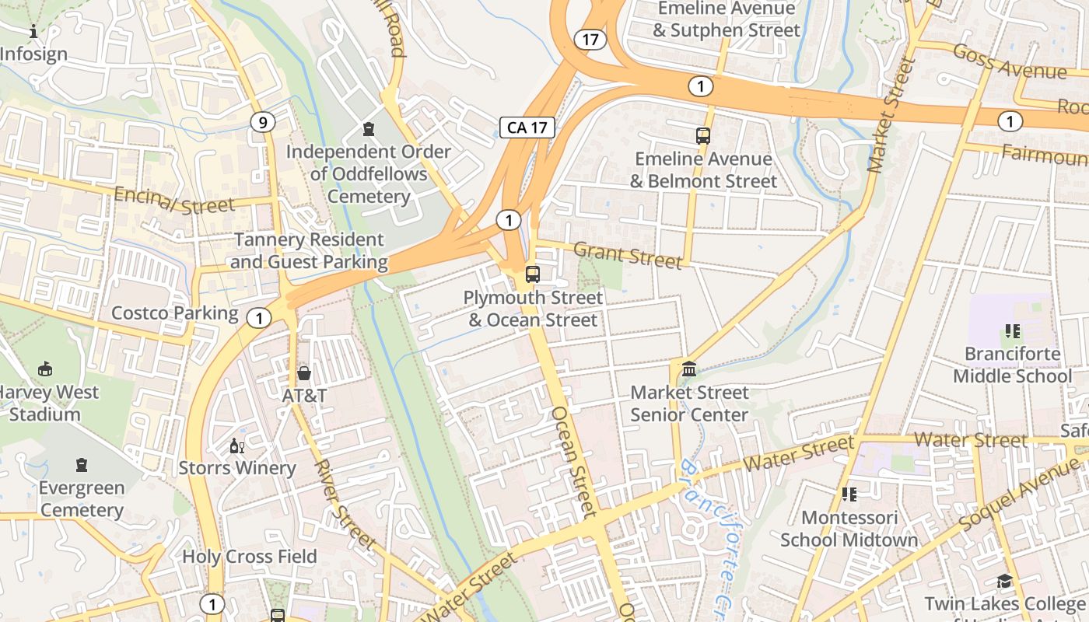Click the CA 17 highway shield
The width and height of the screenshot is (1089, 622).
[x=527, y=128]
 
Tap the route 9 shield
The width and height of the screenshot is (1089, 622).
[x=263, y=121]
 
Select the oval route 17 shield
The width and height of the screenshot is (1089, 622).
[x=591, y=39]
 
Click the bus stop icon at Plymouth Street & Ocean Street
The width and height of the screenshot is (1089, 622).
[x=533, y=274]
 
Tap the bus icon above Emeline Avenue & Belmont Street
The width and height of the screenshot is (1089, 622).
[x=703, y=135]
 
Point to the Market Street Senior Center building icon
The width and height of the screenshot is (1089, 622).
[x=689, y=369]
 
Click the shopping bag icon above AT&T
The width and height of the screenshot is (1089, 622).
[x=304, y=372]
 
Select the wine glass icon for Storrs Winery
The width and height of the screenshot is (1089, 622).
[x=237, y=446]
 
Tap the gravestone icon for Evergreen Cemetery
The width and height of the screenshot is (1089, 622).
[x=82, y=466]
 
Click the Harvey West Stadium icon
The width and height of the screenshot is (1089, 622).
[x=46, y=369]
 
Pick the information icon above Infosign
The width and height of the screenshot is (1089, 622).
[x=33, y=32]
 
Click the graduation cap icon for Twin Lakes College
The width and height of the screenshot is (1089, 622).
[x=1004, y=581]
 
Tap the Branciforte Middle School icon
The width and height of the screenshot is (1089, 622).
[x=1012, y=331]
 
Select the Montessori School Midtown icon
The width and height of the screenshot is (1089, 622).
[x=849, y=494]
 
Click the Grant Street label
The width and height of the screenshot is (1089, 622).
[x=628, y=255]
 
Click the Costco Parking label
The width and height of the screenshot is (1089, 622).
[x=175, y=313]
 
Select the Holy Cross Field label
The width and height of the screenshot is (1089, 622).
[x=250, y=557]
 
